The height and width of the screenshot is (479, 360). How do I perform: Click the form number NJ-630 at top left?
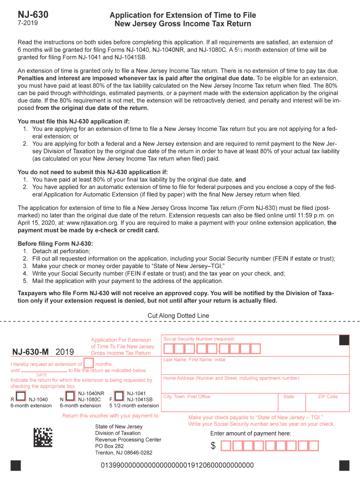point(33,15)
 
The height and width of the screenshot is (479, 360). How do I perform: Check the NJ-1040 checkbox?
point(21,396)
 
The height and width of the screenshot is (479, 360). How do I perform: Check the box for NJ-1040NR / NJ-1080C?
point(70,396)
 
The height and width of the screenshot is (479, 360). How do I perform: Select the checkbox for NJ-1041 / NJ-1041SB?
point(119,396)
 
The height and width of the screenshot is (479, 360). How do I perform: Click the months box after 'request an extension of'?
point(88,363)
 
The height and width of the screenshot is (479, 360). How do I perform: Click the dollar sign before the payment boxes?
point(213,446)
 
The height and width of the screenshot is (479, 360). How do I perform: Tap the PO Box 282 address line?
point(109,446)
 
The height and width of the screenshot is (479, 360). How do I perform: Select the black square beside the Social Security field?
point(344,340)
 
